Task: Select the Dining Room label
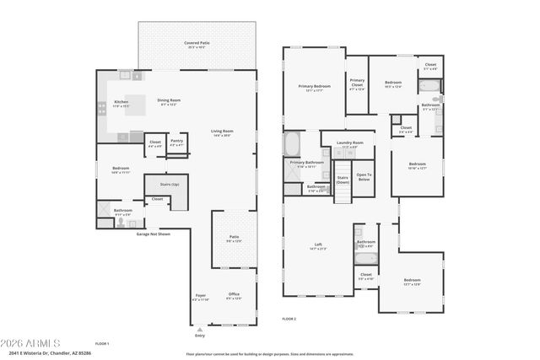coord(169,101)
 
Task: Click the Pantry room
coord(176,142)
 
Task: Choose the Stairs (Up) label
coord(156,184)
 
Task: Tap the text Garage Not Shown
coord(154,234)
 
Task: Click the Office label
coord(234,295)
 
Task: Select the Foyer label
coord(200,296)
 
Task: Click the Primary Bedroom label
coord(314,87)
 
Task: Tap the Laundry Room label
coord(348,144)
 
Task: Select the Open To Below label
coord(364,176)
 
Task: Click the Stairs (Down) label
coord(343,180)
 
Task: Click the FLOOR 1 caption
coord(102,344)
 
